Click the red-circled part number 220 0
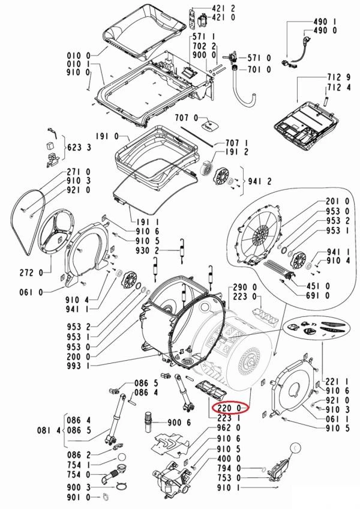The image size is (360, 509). pos(230,408)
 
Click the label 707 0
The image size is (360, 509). pos(186,117)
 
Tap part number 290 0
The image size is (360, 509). pos(245,287)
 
